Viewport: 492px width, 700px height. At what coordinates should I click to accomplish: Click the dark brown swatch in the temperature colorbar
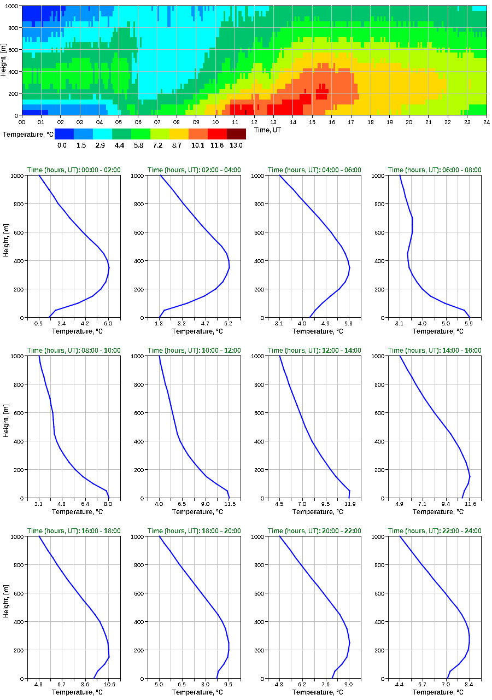pos(236,134)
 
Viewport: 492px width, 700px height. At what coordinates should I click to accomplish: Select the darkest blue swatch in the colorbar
pos(64,134)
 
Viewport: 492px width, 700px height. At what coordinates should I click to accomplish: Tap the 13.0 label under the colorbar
pos(236,145)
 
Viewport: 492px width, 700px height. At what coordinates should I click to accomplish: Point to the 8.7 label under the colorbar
pos(179,145)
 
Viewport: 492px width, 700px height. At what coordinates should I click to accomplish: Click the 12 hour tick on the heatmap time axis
pos(254,122)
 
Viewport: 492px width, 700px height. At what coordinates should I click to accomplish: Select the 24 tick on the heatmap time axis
pos(486,122)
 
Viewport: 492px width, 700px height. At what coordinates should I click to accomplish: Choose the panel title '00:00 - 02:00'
pos(74,170)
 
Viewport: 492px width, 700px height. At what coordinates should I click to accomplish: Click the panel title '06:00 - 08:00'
pos(435,170)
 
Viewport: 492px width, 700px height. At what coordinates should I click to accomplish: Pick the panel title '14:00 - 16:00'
pos(435,351)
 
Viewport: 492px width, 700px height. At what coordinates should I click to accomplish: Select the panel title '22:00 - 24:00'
pos(435,531)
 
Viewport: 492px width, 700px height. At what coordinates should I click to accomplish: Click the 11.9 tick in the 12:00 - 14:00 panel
pos(349,504)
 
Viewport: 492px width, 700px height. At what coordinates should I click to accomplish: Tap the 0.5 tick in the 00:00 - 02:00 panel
pos(39,323)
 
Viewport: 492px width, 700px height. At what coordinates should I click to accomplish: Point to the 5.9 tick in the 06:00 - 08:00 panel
pos(468,323)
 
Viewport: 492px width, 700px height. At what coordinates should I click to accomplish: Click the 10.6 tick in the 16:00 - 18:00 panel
pos(109,684)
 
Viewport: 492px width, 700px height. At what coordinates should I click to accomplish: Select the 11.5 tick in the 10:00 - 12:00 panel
pos(229,504)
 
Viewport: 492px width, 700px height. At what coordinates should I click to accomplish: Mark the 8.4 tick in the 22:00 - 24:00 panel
pos(468,684)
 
